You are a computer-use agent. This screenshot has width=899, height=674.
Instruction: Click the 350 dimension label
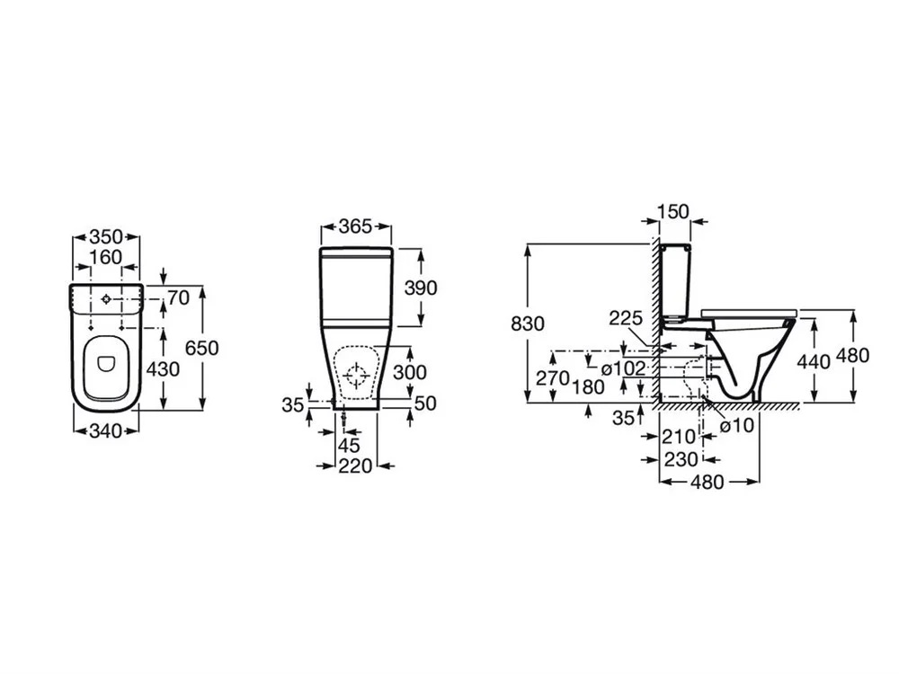(x=106, y=236)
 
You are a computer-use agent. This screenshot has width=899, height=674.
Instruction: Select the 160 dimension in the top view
(x=106, y=257)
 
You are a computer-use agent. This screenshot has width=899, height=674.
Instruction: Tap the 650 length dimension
(x=202, y=348)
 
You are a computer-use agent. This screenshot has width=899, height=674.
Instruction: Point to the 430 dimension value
(x=164, y=369)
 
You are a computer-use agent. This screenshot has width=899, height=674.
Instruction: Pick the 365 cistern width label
(x=355, y=226)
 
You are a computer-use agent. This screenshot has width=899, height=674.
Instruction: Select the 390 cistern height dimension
(x=421, y=288)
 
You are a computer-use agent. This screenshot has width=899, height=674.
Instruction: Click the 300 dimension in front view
(x=409, y=373)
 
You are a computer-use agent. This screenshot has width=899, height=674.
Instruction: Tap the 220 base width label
(x=355, y=466)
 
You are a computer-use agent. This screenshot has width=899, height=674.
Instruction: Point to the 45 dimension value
(x=349, y=446)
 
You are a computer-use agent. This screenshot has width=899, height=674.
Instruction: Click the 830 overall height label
(x=528, y=324)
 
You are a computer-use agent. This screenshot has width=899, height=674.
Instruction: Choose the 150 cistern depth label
(x=672, y=211)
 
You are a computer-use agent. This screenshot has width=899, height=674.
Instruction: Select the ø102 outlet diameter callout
(x=623, y=368)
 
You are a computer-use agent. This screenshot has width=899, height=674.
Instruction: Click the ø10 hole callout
(x=737, y=426)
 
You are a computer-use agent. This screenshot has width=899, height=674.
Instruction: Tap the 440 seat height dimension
(x=814, y=361)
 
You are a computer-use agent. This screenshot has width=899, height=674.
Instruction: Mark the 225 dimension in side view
(x=626, y=318)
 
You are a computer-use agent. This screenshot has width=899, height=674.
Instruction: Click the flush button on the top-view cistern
(x=106, y=299)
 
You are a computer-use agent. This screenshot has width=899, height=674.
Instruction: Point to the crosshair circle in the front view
(x=356, y=376)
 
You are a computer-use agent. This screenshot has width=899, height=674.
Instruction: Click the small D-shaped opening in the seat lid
(x=106, y=364)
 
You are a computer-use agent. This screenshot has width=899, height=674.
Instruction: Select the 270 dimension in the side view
(x=552, y=377)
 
